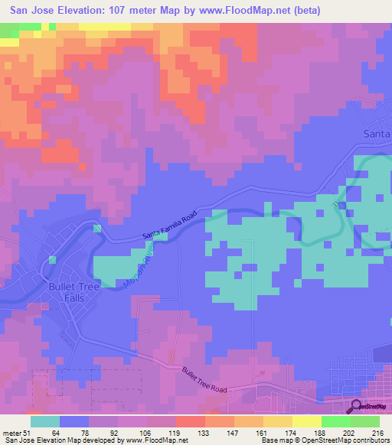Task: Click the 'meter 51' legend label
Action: coord(15,434)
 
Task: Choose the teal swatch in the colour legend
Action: coord(45,421)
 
